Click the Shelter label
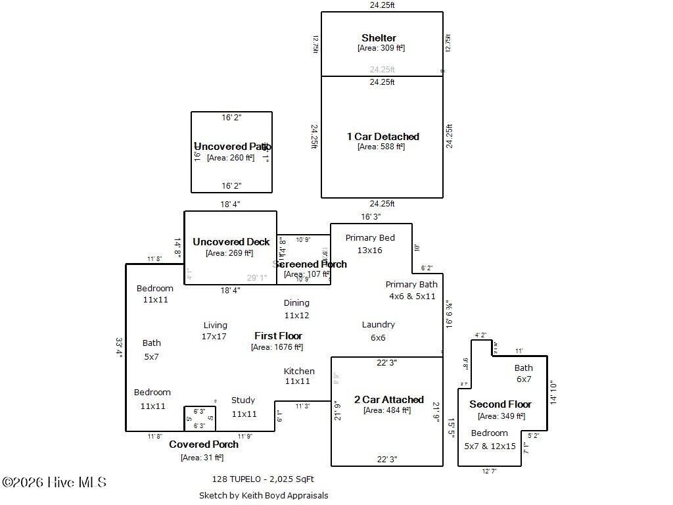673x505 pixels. pos(379,38)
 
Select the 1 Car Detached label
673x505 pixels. pos(383,137)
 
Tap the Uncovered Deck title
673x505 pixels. pos(231,242)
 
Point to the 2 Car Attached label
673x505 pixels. pos(389,400)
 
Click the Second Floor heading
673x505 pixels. pos(500,404)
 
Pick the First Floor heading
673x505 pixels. pos(278,336)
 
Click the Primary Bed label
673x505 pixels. pos(370,238)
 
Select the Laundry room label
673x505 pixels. pos(378,325)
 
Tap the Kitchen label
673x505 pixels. pos(299,372)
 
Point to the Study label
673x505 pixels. pos(243,400)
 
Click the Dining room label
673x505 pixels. pos(296,303)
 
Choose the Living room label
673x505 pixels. pos(215,325)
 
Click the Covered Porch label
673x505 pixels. pos(204,445)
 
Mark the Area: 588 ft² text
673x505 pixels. pos(381,147)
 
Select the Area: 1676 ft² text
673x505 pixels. pos(277,347)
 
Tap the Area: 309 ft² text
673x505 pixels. pos(381,48)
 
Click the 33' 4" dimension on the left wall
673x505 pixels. pos(119,347)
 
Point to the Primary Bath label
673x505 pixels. pos(411,285)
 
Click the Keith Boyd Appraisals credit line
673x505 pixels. pos(264,496)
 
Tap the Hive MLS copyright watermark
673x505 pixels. pos(54,483)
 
